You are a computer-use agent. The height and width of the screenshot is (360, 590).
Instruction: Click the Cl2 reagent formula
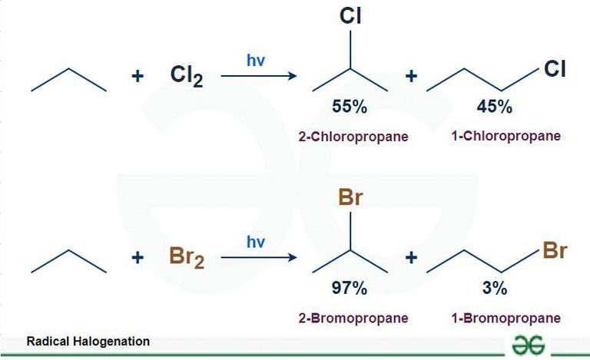[x=187, y=76]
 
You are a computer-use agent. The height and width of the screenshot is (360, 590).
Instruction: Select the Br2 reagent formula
[x=187, y=258]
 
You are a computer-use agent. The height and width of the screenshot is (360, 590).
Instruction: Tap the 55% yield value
[x=350, y=107]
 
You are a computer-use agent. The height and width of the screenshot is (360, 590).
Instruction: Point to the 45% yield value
[x=495, y=107]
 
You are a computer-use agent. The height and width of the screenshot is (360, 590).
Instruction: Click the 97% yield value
[x=350, y=288]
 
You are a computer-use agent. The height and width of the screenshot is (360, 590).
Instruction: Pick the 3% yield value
[x=495, y=288]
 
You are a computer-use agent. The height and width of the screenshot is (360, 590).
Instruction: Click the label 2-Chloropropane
[x=353, y=137]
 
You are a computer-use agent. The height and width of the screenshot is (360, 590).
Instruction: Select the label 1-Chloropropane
[x=506, y=136]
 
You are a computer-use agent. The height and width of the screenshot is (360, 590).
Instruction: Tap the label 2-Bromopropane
[x=353, y=319]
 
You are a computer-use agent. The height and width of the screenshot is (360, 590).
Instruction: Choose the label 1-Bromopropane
[x=506, y=319]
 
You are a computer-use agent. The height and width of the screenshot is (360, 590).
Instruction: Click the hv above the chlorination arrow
[x=256, y=60]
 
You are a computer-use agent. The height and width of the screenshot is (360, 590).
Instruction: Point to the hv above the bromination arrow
[x=256, y=242]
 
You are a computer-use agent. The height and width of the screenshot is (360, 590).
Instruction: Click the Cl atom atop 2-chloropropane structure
[x=350, y=16]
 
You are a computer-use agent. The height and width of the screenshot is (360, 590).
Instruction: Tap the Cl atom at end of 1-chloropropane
[x=555, y=69]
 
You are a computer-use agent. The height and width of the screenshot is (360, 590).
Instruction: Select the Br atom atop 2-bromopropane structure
[x=350, y=197]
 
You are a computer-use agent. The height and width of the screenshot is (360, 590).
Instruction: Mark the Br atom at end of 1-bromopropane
[x=555, y=250]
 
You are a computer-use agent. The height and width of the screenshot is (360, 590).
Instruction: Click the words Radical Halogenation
[x=88, y=342]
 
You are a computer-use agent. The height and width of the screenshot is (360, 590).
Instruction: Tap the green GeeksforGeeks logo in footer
[x=528, y=344]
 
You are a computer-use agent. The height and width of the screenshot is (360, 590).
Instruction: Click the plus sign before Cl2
[x=138, y=76]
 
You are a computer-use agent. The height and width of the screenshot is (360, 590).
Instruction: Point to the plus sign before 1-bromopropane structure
[x=411, y=258]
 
